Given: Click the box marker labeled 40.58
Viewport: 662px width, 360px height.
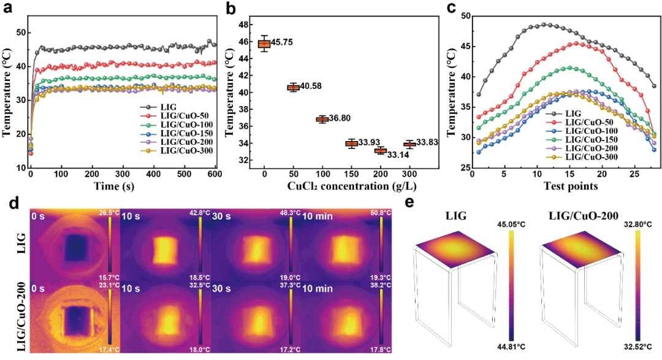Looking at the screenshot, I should pos(294,87).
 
